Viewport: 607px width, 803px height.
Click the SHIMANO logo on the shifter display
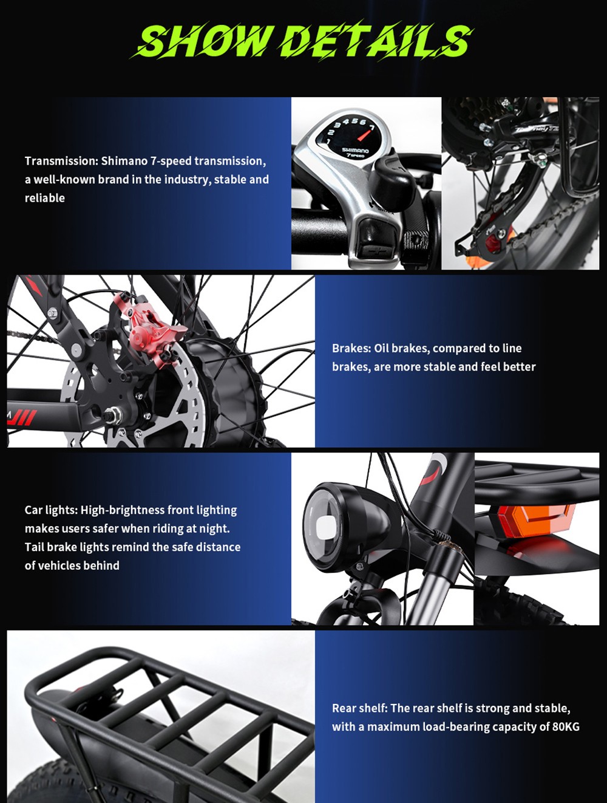(355, 150)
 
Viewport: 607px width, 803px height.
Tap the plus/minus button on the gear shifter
(371, 250)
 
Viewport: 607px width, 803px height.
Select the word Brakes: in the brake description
(351, 348)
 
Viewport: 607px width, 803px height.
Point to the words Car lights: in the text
(51, 510)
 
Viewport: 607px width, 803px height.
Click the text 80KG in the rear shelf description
(566, 726)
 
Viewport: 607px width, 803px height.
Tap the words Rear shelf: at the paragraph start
(359, 708)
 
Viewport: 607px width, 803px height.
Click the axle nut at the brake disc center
(112, 416)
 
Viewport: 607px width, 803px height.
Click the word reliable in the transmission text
(44, 198)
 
